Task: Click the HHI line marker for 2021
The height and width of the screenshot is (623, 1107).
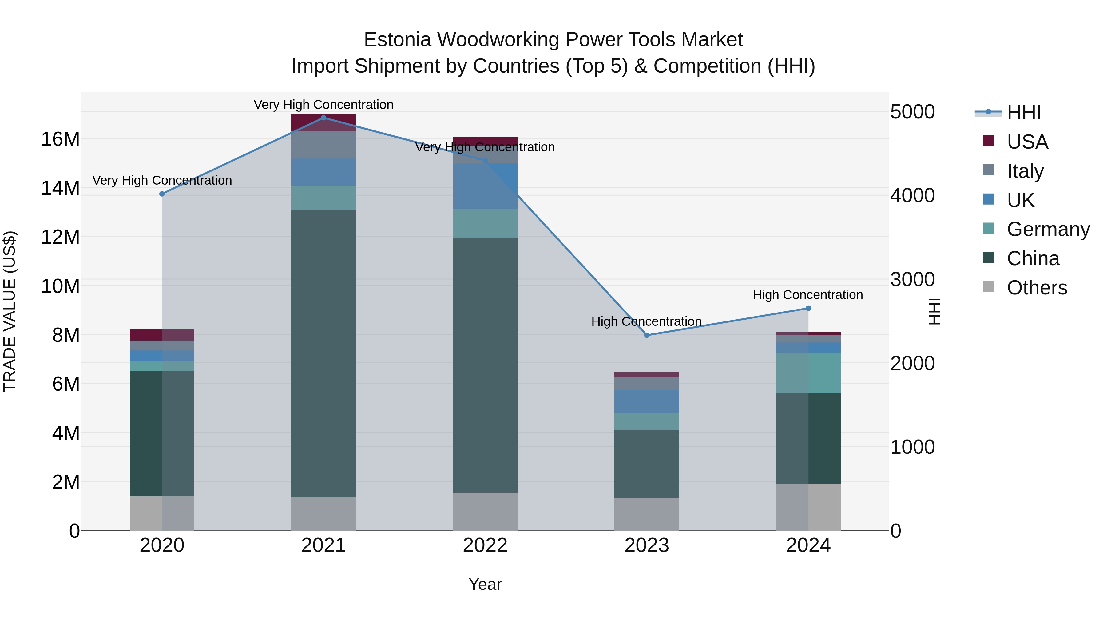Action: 323,118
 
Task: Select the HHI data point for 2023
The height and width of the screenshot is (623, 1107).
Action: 647,335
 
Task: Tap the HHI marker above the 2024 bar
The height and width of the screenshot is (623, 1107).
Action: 808,308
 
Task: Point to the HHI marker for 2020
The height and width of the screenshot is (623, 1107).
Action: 162,194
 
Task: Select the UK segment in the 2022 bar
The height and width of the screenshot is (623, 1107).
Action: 485,186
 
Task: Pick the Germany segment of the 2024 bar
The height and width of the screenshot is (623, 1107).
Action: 808,373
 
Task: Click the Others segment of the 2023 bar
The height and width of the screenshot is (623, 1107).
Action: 647,514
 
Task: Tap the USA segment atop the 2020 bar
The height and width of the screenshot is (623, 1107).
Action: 162,335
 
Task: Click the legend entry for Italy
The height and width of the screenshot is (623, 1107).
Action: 1025,171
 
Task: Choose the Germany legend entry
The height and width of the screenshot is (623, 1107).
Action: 1048,229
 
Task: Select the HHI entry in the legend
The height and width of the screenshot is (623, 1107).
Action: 1024,113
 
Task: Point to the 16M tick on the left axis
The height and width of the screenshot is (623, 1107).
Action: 60,139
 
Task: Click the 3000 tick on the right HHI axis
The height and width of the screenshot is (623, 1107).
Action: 912,279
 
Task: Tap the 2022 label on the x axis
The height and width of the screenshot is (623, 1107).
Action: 485,545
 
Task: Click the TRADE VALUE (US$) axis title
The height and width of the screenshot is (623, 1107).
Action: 10,311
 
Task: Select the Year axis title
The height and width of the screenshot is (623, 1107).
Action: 485,584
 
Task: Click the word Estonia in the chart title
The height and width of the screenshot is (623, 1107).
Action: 397,40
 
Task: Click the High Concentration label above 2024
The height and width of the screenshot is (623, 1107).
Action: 808,295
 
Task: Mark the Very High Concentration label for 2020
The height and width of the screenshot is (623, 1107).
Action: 162,180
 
